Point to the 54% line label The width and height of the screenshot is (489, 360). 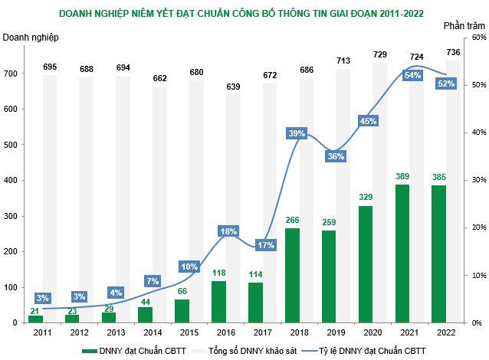tap(412, 75)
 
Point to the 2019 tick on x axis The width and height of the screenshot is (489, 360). tap(336, 332)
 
